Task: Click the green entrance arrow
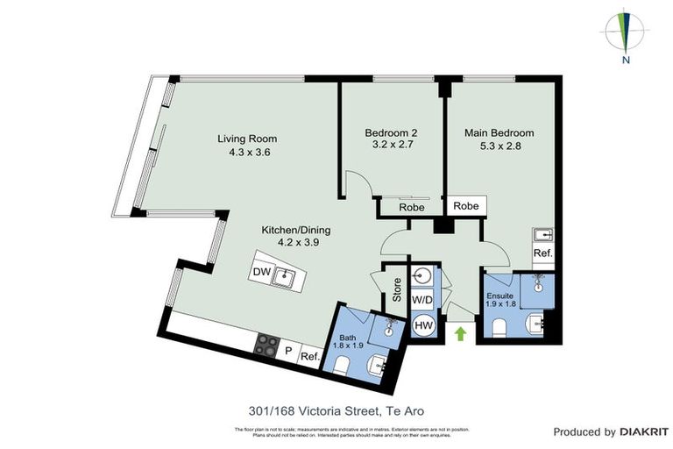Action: (459, 333)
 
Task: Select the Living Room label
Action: (247, 145)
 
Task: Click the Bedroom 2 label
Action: (390, 140)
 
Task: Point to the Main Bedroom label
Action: (499, 140)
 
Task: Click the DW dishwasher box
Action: (261, 273)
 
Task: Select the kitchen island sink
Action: (283, 279)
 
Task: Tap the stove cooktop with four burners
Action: (266, 346)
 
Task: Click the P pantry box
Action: (288, 351)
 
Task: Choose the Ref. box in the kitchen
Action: (309, 356)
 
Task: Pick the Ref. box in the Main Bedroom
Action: (543, 253)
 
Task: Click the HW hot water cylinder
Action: (423, 325)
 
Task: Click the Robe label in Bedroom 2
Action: (412, 208)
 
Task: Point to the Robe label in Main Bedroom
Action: (465, 206)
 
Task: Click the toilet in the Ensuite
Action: (500, 327)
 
